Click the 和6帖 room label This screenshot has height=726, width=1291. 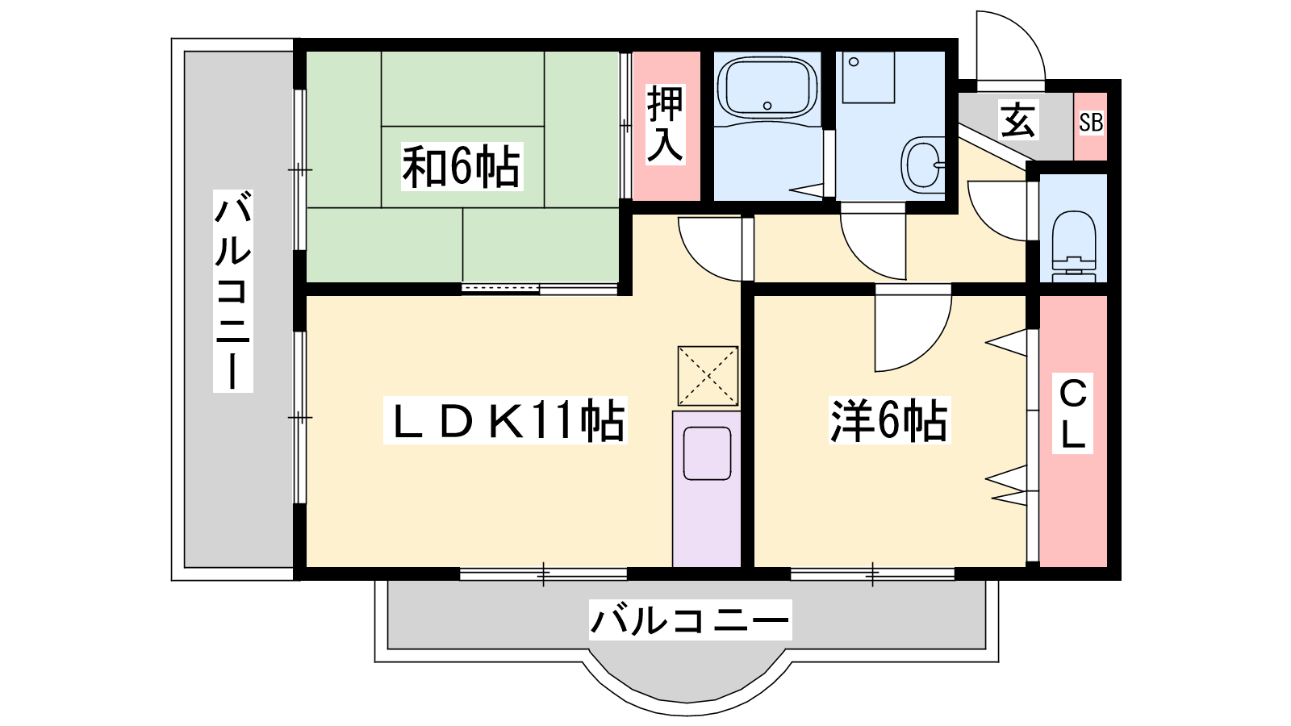462,167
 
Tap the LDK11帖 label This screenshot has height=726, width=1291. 505,420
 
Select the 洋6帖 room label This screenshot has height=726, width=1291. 889,420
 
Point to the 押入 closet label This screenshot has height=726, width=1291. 665,124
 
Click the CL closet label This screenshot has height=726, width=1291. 1072,413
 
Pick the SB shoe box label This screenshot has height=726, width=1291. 1091,123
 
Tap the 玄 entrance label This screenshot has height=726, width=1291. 1019,120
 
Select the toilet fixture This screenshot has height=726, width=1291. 1074,246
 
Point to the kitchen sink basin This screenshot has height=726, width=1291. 707,453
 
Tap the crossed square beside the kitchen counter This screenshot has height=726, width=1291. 708,376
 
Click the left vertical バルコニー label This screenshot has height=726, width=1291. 233,291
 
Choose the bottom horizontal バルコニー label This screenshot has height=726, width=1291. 690,620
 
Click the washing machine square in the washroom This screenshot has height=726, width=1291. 868,77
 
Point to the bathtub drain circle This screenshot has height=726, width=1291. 767,106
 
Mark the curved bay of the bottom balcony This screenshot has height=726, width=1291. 687,700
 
